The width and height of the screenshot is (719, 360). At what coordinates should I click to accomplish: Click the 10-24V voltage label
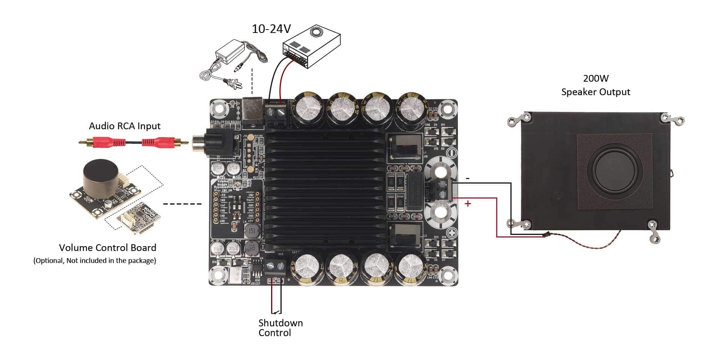(x=271, y=29)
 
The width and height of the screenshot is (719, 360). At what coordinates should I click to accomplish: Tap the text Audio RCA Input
(x=124, y=126)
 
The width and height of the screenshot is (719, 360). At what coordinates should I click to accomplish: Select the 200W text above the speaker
(x=595, y=78)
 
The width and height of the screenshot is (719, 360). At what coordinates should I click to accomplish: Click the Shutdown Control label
(x=280, y=328)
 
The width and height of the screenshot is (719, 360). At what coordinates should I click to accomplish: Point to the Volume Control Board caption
(x=107, y=248)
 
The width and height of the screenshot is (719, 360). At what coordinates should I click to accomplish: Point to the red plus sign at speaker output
(x=468, y=204)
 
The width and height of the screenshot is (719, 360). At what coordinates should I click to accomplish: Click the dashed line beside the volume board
(x=182, y=204)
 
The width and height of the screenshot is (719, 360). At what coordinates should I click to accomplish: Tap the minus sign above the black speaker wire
(x=468, y=179)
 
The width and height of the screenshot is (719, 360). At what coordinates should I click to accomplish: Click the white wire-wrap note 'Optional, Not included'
(x=95, y=261)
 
